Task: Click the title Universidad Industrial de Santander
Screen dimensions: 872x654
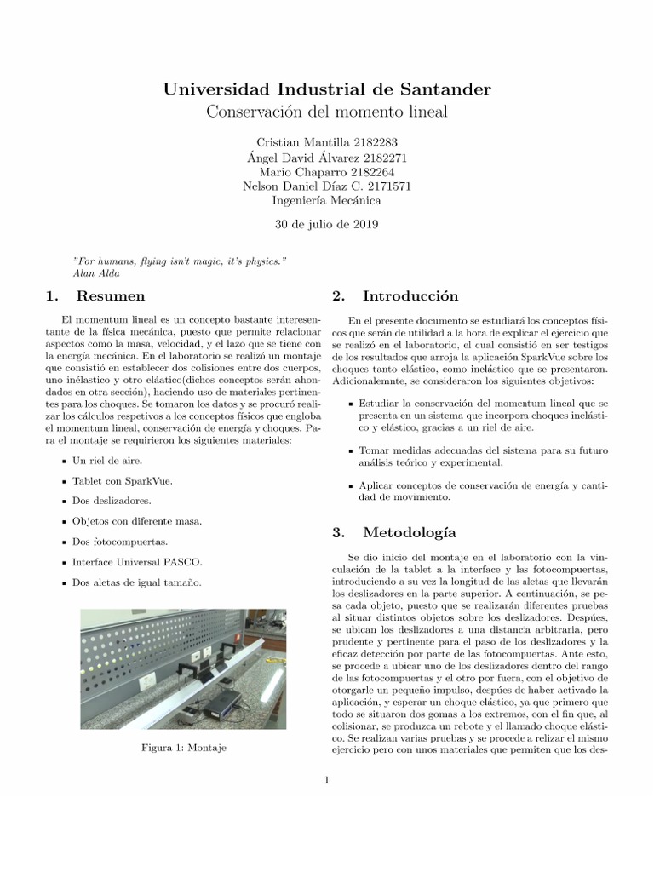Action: (x=326, y=89)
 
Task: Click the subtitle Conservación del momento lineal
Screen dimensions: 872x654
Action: (x=326, y=112)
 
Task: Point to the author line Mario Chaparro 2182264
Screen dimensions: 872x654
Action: (x=326, y=171)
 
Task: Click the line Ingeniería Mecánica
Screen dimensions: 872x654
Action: (x=326, y=201)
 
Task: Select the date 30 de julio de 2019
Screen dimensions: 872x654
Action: (x=326, y=225)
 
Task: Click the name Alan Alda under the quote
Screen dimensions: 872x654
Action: (x=96, y=273)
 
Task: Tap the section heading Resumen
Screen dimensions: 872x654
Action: (x=110, y=296)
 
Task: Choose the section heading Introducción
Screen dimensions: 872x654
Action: (x=410, y=296)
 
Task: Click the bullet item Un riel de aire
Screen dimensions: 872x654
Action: (x=106, y=460)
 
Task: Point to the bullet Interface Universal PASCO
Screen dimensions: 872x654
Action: (x=137, y=562)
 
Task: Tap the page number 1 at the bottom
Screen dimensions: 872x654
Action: (x=326, y=778)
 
